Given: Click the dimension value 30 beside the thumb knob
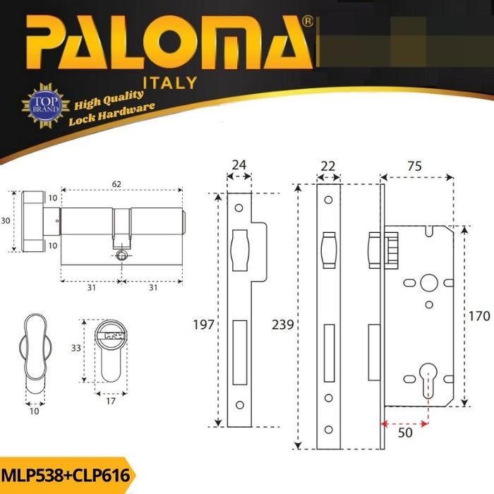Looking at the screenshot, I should (6, 221).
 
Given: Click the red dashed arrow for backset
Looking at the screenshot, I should (404, 424).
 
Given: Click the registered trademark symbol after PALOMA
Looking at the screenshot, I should (307, 23).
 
